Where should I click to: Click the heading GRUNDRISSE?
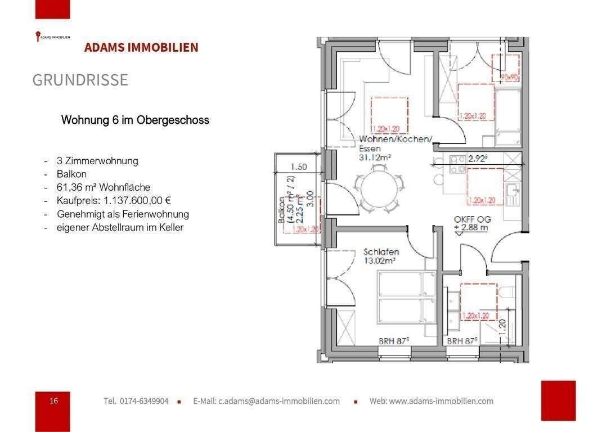click(80, 80)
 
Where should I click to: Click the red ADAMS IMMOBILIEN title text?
click(141, 47)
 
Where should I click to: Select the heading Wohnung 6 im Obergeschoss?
click(135, 120)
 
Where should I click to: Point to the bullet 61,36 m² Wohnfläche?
click(104, 187)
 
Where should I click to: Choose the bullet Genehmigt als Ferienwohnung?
click(123, 214)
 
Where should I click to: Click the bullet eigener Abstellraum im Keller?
click(120, 228)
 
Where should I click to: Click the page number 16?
click(53, 400)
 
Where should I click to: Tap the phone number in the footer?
click(136, 401)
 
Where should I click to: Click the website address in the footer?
click(431, 401)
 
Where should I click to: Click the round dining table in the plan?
click(381, 191)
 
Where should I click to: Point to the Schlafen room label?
click(381, 252)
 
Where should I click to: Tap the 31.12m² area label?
click(375, 158)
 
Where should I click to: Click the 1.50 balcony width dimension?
click(299, 166)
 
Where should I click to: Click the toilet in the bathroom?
click(507, 292)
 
